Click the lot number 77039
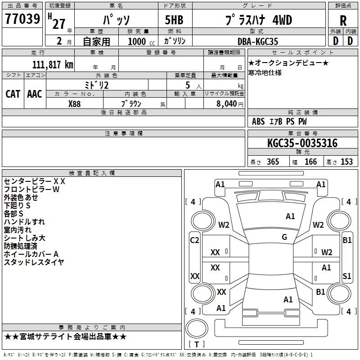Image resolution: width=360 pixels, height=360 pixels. [22, 19]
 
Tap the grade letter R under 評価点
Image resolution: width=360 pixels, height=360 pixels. [343, 21]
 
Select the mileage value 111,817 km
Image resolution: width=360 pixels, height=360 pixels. [53, 65]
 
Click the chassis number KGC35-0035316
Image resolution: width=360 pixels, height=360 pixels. [302, 143]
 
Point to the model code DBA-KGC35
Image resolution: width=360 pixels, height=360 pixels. [257, 41]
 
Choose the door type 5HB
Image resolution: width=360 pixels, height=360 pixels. [174, 20]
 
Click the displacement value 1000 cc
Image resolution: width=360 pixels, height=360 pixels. [141, 41]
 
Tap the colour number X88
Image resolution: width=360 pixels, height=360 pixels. [74, 104]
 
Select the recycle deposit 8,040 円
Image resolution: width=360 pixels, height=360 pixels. [230, 104]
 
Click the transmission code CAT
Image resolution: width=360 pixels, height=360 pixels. [13, 94]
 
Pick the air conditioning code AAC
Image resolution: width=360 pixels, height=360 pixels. [35, 94]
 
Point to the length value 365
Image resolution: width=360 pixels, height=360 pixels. [273, 162]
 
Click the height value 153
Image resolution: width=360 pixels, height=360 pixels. [346, 162]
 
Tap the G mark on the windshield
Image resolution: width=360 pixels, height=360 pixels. [284, 237]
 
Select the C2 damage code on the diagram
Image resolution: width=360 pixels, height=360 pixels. [194, 240]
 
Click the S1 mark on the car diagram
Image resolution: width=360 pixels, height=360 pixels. [346, 276]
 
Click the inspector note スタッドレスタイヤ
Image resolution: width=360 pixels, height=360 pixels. [34, 262]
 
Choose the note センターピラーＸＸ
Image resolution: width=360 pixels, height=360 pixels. [35, 181]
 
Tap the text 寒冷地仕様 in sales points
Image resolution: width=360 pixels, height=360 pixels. [265, 73]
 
